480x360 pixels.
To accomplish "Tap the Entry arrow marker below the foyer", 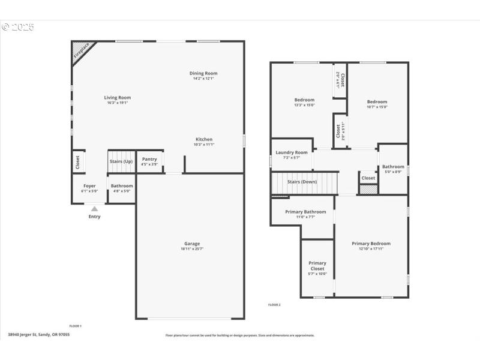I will (94, 209).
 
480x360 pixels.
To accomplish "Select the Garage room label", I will (192, 244).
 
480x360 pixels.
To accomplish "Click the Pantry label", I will (149, 159).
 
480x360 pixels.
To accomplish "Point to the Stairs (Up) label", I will (121, 161).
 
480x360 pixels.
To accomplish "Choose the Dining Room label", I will (203, 73).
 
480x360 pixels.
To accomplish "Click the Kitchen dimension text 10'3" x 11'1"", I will (204, 145).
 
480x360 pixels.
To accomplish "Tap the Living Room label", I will (118, 97).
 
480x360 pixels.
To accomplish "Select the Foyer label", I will (89, 185).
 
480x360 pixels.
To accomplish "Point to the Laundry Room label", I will (292, 152).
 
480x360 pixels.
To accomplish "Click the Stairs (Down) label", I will (302, 181).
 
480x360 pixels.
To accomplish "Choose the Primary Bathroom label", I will (305, 212).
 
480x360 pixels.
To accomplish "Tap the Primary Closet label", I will (317, 266).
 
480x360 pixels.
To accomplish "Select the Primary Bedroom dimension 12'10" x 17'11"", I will (371, 248).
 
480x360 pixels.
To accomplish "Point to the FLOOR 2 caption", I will (274, 305).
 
